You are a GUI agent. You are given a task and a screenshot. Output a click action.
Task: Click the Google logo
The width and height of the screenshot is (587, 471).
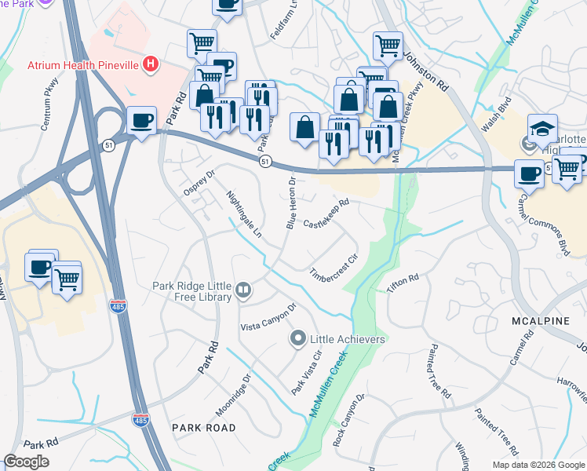(x=27, y=462)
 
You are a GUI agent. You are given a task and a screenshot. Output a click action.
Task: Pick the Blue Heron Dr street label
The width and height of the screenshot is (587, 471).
(x=291, y=203)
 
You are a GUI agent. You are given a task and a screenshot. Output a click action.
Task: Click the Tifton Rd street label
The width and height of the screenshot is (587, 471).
(x=403, y=283)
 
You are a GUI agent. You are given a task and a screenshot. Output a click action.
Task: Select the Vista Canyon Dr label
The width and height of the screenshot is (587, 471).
(x=268, y=317)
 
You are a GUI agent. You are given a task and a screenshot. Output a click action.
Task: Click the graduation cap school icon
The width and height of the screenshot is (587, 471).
(x=543, y=129)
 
